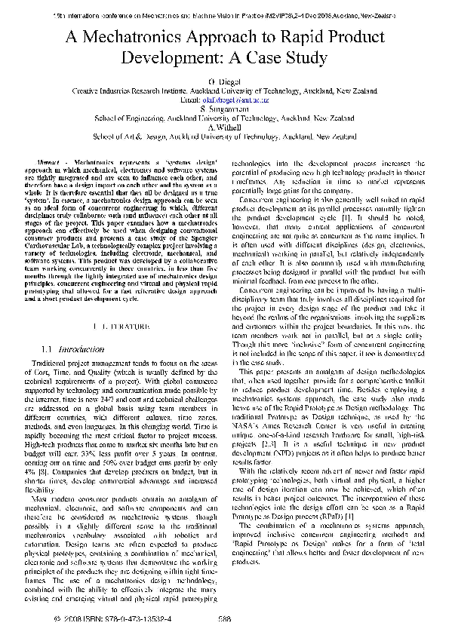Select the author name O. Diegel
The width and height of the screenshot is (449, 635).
(x=224, y=80)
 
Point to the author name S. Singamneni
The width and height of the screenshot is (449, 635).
(x=224, y=109)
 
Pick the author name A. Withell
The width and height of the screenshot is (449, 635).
(x=224, y=127)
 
